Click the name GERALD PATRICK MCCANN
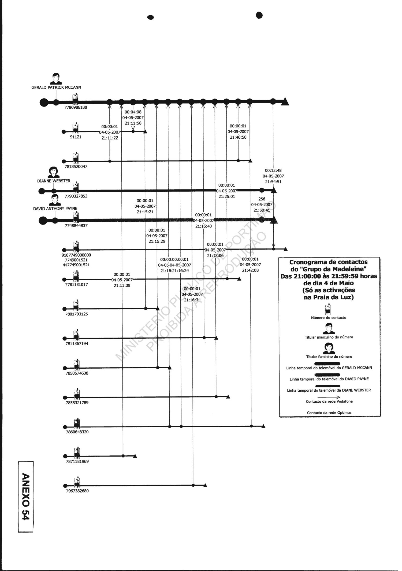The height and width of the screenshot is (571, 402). point(56,88)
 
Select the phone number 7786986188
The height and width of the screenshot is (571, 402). point(76,108)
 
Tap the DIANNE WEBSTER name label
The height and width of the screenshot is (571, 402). point(54,181)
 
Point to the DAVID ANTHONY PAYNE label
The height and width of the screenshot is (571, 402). point(55,209)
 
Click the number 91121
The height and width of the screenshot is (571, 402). point(76,137)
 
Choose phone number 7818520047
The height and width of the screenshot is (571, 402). point(76,167)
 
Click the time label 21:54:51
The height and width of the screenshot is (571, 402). point(273,182)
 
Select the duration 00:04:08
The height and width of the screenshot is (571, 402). point(133,112)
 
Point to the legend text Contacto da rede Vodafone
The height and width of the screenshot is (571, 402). point(329,402)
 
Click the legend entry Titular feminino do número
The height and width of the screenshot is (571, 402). point(329,357)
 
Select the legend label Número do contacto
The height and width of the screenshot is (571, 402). point(328,318)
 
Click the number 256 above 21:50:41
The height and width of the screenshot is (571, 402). point(262,199)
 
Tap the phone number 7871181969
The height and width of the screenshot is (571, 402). point(77,462)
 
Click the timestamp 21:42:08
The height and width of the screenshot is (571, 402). point(250,270)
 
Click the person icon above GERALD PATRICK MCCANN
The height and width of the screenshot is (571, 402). point(56,78)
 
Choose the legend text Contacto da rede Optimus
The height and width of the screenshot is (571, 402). point(329,413)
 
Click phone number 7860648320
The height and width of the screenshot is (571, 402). point(77,432)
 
